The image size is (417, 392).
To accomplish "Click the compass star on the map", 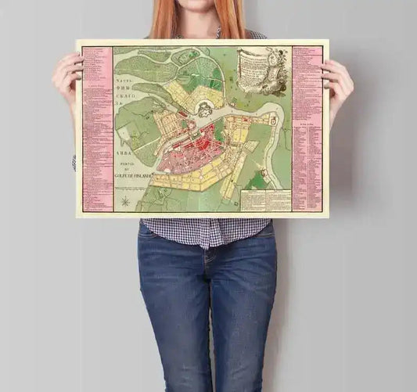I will click(x=124, y=203).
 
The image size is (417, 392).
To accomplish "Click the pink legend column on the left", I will click(x=97, y=129).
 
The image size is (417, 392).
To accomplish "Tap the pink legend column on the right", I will click(x=306, y=129).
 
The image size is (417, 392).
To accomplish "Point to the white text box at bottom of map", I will click(x=264, y=200).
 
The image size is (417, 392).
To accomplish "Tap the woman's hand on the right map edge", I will click(x=338, y=81).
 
